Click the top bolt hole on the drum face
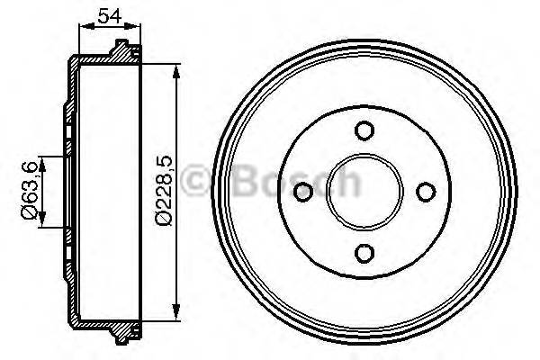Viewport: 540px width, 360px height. click(x=364, y=130)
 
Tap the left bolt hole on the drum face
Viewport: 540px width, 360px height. click(x=304, y=191)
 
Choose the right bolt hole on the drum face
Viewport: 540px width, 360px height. click(x=425, y=191)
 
